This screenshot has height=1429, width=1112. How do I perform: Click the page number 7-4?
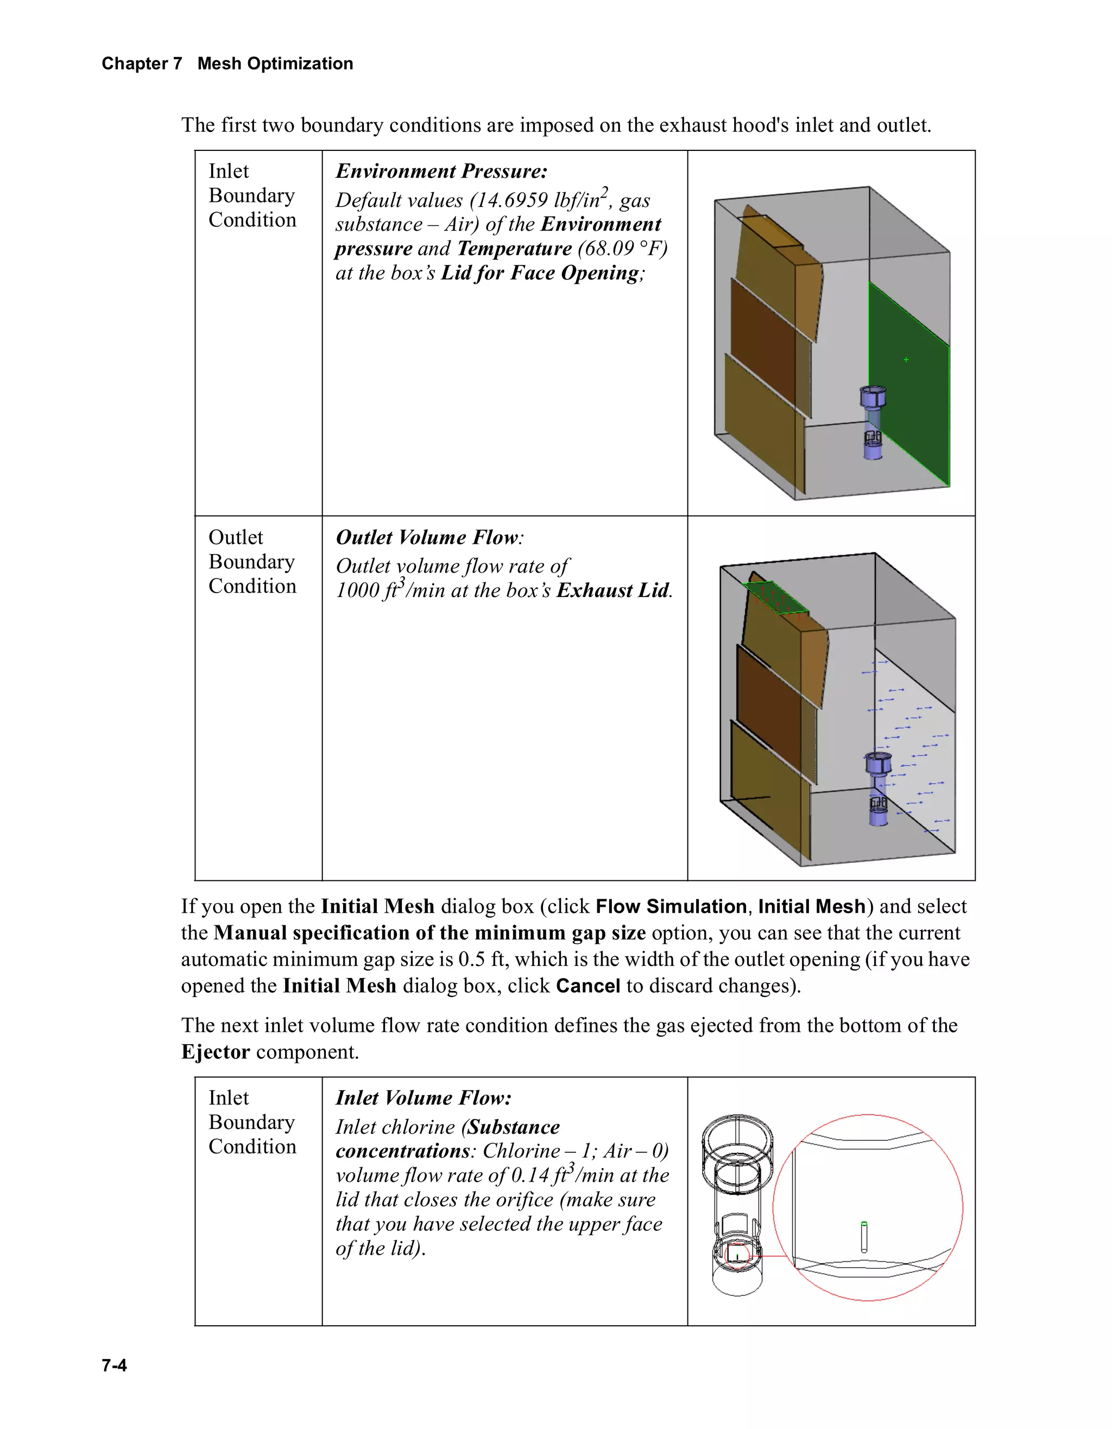coord(114,1365)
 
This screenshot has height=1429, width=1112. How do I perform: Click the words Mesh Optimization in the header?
coord(275,63)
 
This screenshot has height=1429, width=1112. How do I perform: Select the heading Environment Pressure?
coord(441,171)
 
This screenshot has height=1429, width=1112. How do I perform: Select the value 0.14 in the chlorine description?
coord(529,1175)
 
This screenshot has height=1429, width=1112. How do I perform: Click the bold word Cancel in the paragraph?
coord(587,986)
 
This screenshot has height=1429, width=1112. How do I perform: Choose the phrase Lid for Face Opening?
coord(540,273)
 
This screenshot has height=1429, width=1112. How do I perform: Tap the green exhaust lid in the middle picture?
coord(777,598)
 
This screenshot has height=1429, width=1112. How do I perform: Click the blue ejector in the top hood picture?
coord(873,422)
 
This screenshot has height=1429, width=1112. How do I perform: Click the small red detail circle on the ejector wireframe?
coord(738,1255)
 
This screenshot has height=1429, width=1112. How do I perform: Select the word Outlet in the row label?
coord(236,537)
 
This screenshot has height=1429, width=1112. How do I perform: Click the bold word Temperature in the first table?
coord(514,249)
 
